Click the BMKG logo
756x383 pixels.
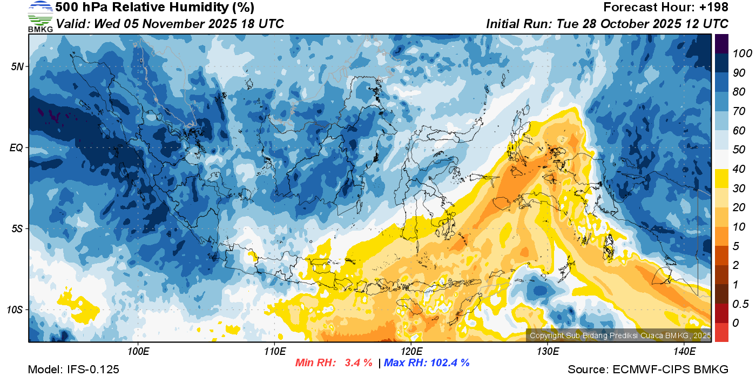[40, 17]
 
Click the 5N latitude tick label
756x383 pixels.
[17, 66]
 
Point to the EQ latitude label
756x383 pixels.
[16, 147]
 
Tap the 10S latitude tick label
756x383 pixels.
[15, 310]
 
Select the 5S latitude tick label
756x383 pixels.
[17, 229]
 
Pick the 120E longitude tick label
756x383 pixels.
[411, 352]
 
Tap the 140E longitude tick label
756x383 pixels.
[684, 352]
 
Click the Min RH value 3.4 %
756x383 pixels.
[359, 362]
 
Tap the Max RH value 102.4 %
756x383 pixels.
[449, 362]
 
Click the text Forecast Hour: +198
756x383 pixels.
[666, 8]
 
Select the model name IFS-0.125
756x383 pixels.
[93, 369]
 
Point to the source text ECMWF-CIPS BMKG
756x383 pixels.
[670, 369]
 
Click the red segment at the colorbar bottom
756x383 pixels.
[721, 332]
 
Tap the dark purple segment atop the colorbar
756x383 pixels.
[721, 43]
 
